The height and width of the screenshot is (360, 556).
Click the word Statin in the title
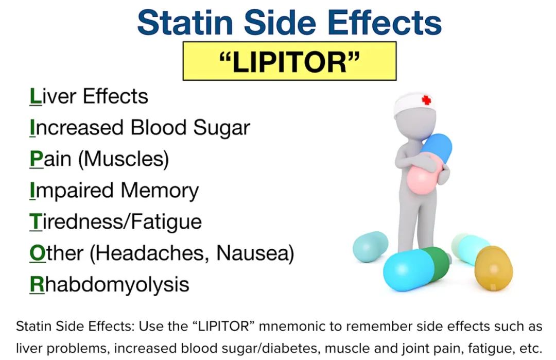(x=185, y=22)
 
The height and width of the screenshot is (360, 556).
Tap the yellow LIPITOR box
(x=289, y=61)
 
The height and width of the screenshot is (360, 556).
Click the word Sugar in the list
(x=221, y=128)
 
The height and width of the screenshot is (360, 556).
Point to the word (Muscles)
(x=124, y=159)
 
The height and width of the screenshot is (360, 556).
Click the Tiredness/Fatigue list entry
(x=116, y=221)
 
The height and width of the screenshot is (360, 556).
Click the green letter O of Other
(x=38, y=253)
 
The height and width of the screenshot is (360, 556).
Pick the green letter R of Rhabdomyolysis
(x=37, y=284)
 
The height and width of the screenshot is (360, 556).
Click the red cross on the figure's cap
(x=426, y=100)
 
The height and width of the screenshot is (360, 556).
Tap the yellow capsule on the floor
(x=494, y=268)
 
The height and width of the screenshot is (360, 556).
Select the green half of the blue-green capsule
(x=437, y=263)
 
